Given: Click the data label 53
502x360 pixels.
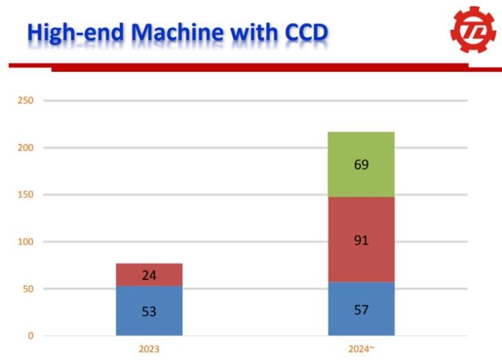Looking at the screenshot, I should coord(149,311).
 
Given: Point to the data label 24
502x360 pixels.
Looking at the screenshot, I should coord(149,275).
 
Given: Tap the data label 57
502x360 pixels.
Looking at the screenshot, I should coord(361,310).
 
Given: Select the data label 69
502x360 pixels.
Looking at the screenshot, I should coord(361,165).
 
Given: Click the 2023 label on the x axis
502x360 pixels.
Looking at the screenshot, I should coord(149,348).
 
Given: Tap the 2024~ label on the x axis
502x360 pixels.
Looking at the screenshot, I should coord(362,348).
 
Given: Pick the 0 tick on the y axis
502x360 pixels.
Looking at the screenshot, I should coord(30,336).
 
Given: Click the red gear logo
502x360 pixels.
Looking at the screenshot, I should coord(473,32).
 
